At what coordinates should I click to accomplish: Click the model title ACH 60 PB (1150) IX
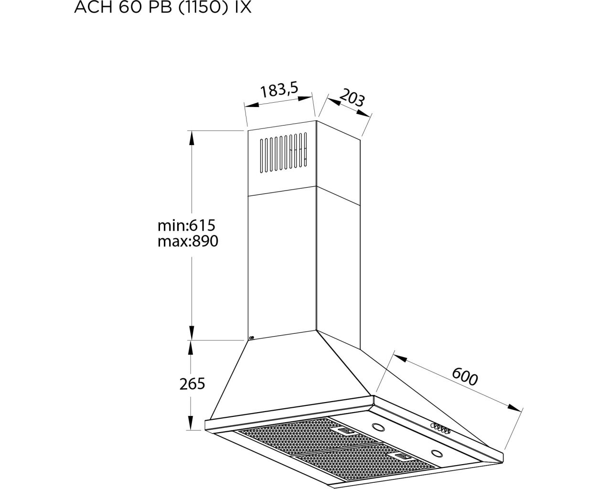click(x=163, y=7)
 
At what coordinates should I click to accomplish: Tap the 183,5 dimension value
click(x=279, y=89)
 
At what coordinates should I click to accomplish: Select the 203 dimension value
click(x=352, y=97)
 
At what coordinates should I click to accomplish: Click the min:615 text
click(x=186, y=225)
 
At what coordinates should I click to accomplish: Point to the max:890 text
click(x=188, y=241)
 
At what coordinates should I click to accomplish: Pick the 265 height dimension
click(x=192, y=384)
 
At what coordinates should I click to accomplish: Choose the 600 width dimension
click(x=465, y=376)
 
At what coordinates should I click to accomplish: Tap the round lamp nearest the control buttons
click(x=378, y=427)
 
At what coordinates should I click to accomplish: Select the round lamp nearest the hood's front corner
click(x=437, y=453)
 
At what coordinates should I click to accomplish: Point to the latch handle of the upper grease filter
click(x=345, y=431)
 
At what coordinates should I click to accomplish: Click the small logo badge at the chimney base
click(x=251, y=338)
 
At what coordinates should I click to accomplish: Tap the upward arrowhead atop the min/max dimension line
click(x=192, y=138)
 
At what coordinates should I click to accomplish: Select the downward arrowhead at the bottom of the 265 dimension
click(x=190, y=423)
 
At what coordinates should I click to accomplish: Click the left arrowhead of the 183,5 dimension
click(x=252, y=105)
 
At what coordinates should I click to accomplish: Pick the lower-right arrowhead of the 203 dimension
click(x=363, y=113)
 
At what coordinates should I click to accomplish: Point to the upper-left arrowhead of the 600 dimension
click(x=400, y=358)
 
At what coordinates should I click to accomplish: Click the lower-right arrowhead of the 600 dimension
click(x=514, y=408)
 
